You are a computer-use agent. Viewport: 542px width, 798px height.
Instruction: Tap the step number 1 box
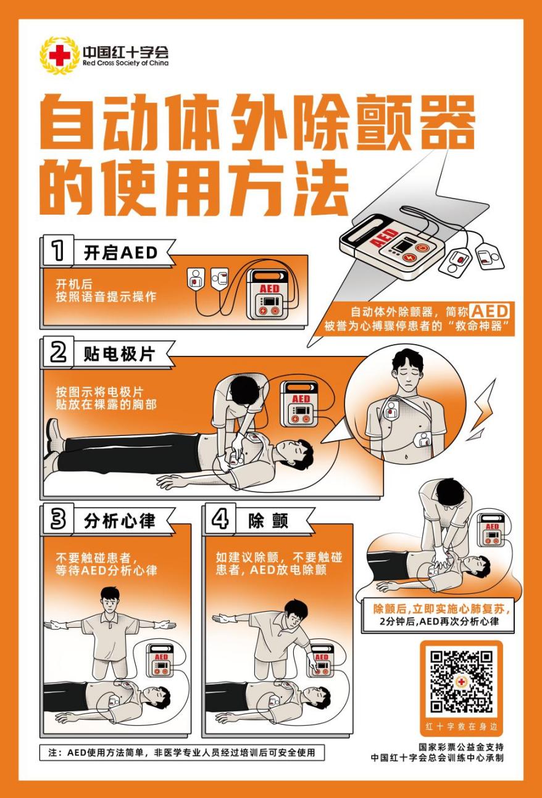tap(57, 250)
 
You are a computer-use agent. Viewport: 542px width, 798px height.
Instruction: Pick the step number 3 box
tap(57, 519)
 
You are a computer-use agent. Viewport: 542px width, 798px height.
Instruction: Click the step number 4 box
tap(219, 519)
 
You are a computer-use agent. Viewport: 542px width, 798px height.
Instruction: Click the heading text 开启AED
tap(120, 252)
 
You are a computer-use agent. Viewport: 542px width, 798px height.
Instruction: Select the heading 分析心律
tap(119, 521)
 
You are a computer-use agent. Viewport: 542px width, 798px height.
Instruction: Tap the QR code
tap(461, 681)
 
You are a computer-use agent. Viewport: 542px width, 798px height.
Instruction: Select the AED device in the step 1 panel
tap(269, 295)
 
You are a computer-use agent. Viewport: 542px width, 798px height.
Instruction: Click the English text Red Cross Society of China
tap(125, 63)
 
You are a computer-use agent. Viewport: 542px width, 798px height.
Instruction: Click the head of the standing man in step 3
tap(109, 598)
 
